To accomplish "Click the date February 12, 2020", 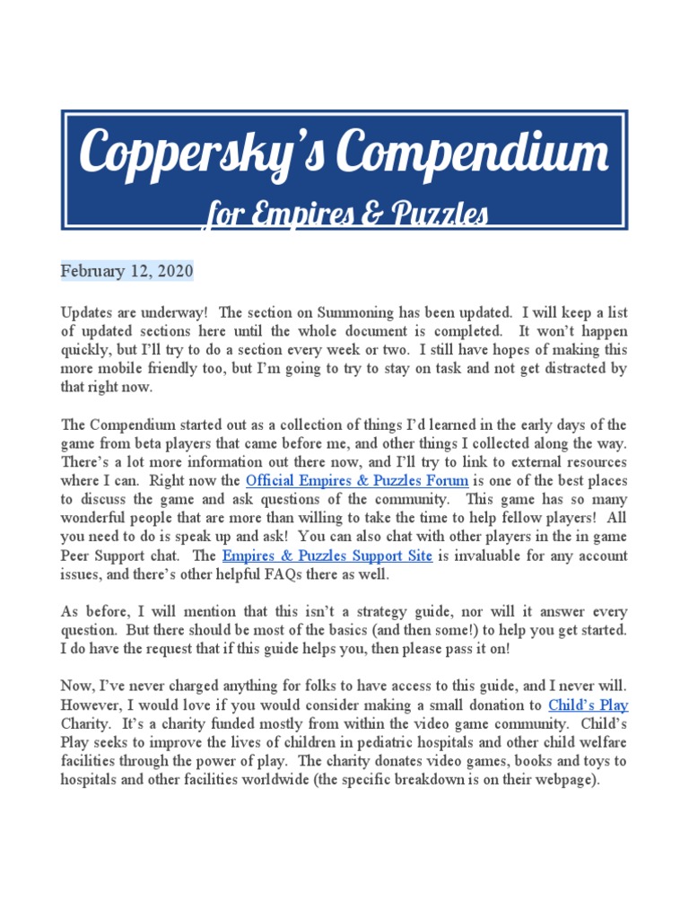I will [x=126, y=270].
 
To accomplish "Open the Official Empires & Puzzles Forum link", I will [x=357, y=480].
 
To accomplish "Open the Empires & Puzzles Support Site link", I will [x=327, y=556].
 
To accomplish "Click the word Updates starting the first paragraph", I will [x=88, y=311].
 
